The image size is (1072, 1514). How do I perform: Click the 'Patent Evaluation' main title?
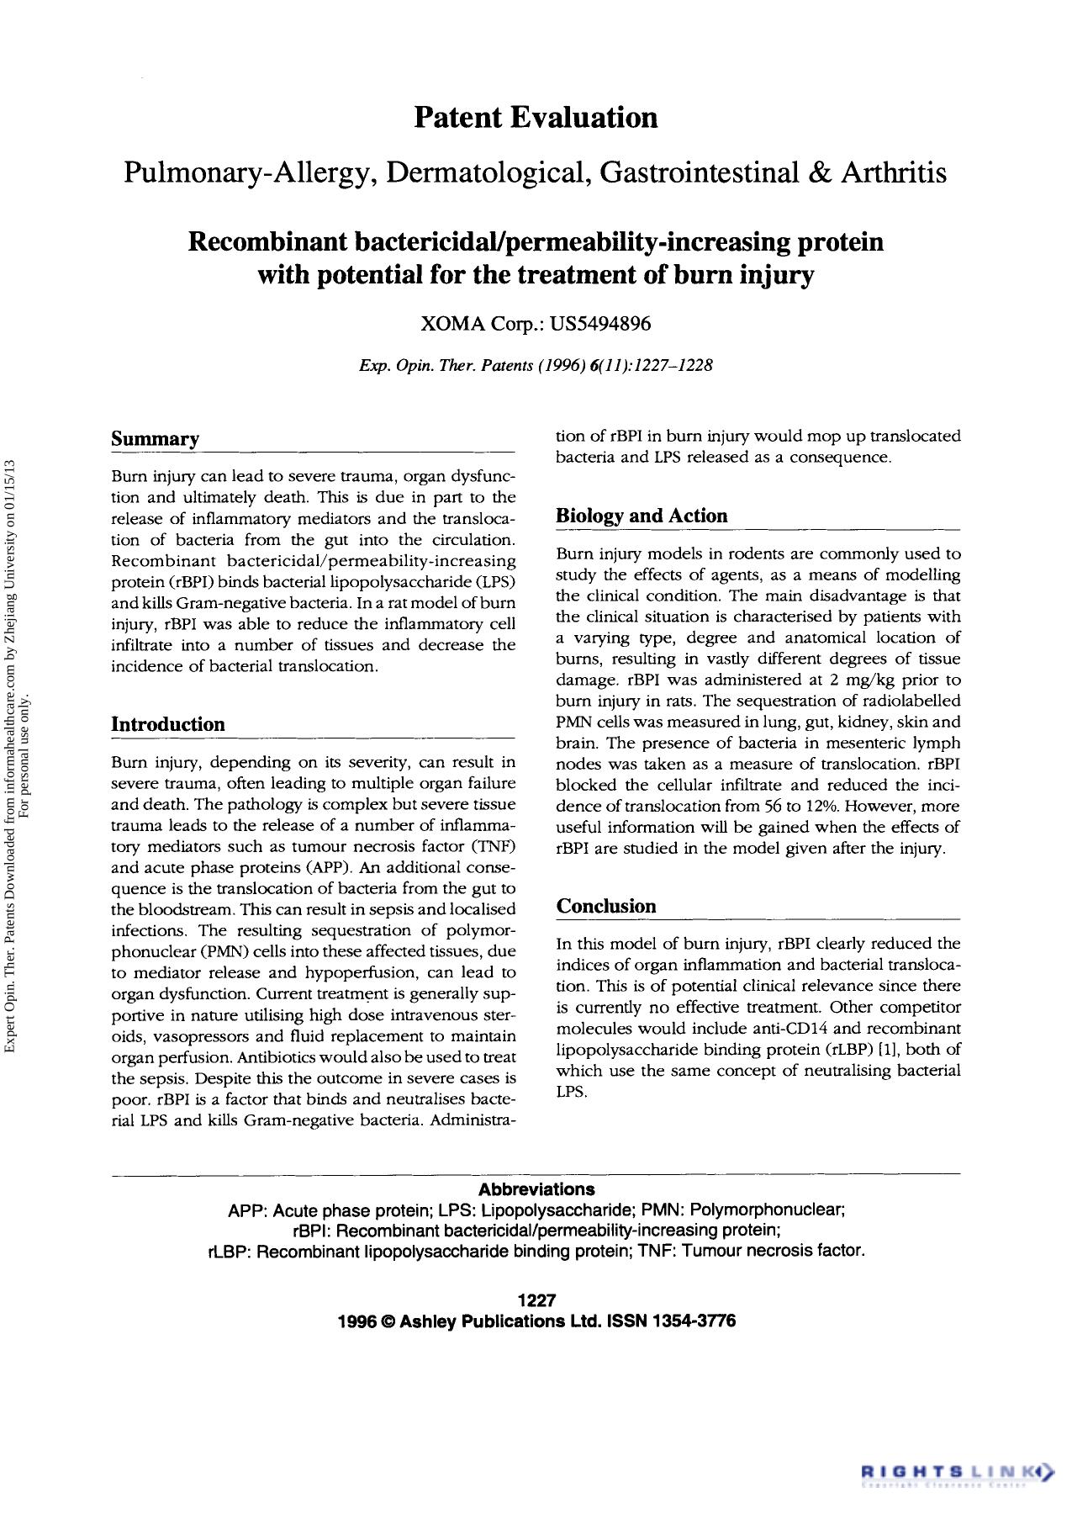(536, 117)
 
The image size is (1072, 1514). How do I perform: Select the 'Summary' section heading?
(156, 439)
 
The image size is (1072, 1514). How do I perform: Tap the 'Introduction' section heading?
(168, 724)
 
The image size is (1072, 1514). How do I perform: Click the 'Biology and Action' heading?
(642, 516)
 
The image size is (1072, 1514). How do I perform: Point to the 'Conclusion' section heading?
(606, 906)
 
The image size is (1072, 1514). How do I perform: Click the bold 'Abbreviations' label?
(536, 1189)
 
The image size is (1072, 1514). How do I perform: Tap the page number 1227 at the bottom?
(536, 1300)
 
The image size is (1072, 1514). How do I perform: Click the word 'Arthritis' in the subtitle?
(894, 173)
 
